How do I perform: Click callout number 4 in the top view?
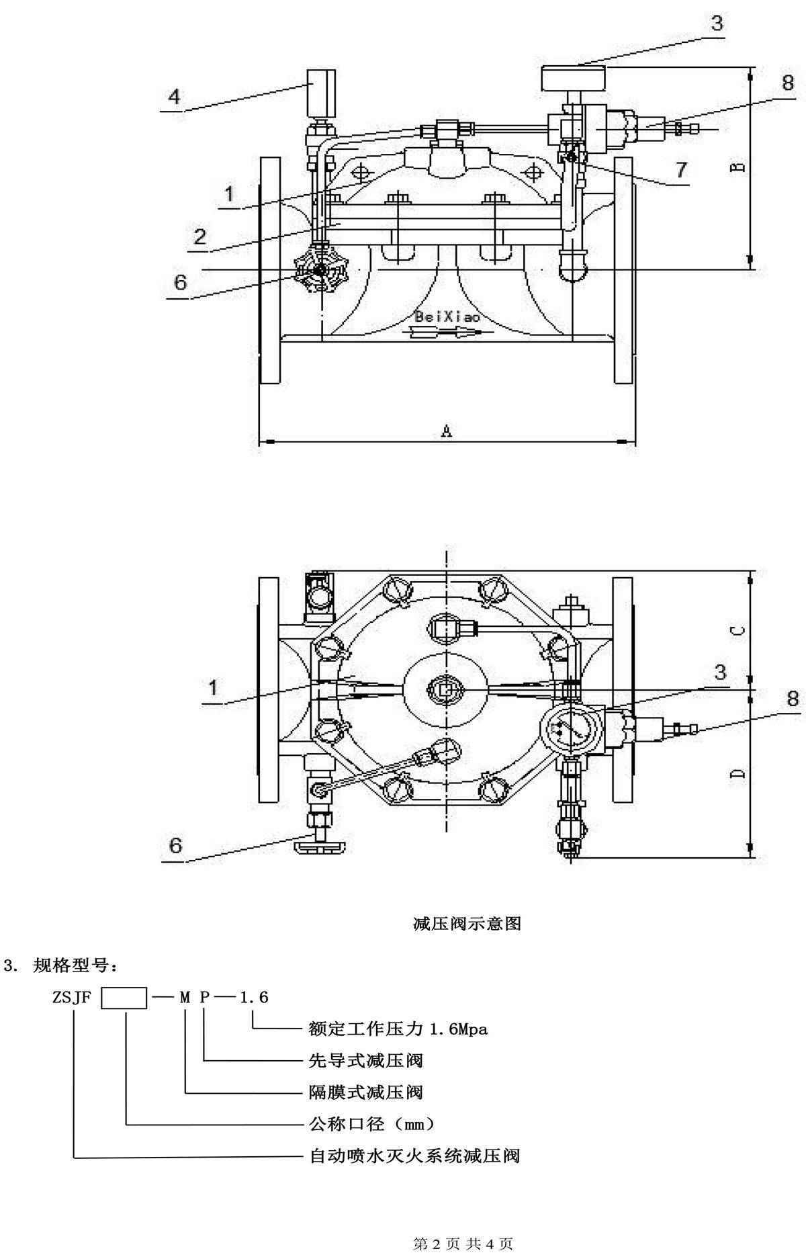coord(174,97)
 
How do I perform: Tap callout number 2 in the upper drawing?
coord(199,237)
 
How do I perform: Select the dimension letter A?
coord(447,431)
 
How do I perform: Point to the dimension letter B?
coord(737,166)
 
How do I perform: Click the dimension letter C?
coord(737,630)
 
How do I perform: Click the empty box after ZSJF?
coord(124,998)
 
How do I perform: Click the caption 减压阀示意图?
coord(467,924)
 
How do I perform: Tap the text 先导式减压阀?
coord(365,1061)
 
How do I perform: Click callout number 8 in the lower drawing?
coord(793,699)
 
